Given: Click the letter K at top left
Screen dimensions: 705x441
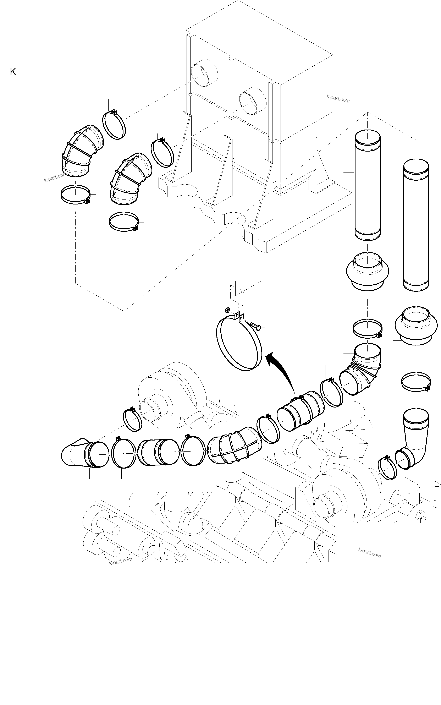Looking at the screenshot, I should click(x=13, y=72).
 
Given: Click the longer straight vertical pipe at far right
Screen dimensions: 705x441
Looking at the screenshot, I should click(x=416, y=225).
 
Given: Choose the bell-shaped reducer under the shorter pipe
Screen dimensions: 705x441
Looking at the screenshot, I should click(x=368, y=271).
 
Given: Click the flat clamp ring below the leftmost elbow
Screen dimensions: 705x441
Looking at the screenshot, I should click(x=75, y=195).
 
